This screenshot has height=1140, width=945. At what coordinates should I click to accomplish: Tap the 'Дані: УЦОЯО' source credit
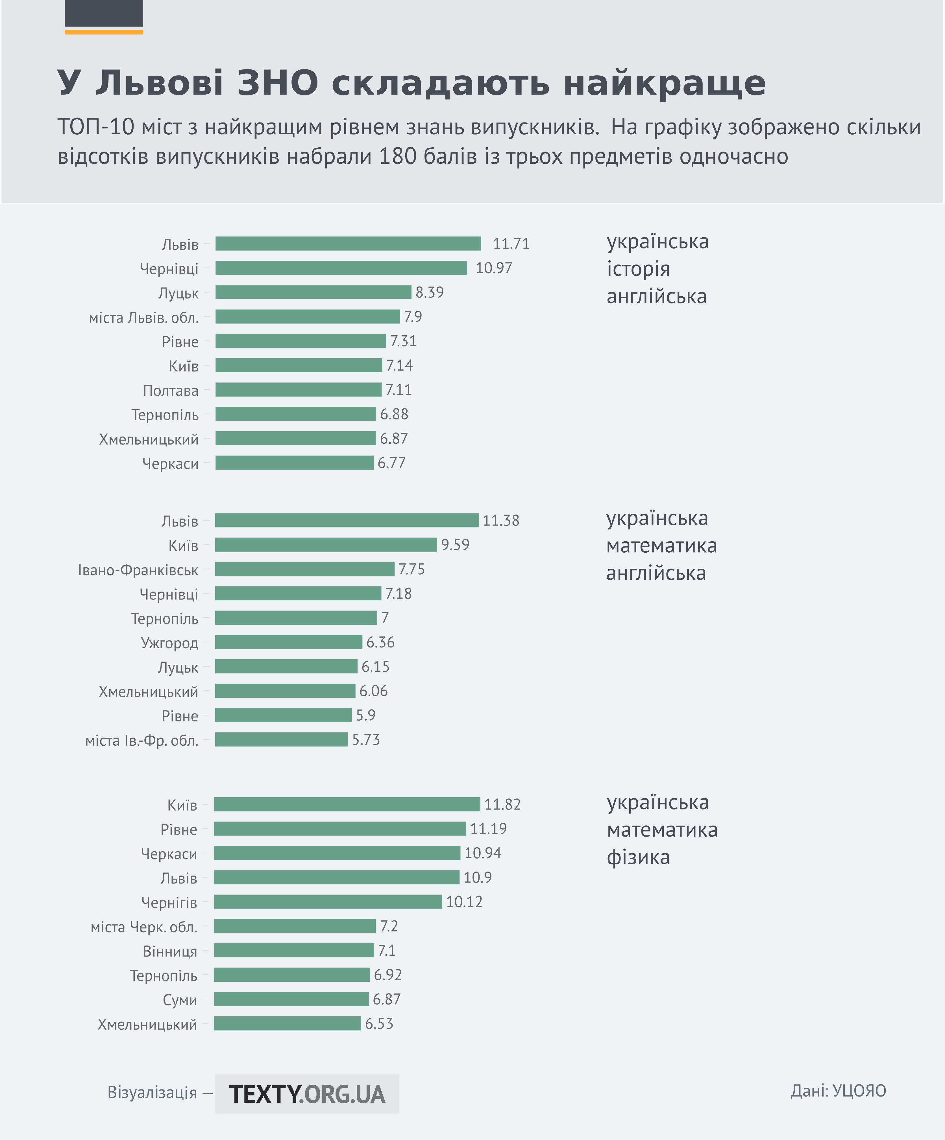pos(838,1091)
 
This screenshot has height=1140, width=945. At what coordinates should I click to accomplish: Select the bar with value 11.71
pos(348,244)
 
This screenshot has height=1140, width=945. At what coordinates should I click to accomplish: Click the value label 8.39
pos(430,293)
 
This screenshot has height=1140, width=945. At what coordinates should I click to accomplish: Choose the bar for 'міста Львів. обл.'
pos(307,316)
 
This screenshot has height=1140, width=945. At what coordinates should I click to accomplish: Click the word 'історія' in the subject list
pos(638,269)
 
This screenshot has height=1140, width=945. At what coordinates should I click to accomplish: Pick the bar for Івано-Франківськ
pos(305,569)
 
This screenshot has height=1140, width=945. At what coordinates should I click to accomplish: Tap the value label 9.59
pos(455,545)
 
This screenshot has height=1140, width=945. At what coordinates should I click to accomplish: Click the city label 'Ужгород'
pos(169,643)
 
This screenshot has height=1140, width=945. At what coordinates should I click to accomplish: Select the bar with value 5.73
pos(281,739)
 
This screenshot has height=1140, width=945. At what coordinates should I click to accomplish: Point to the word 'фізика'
pos(638,858)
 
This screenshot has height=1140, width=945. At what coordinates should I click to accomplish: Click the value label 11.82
pos(502,804)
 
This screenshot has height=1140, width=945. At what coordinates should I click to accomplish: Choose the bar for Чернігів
pos(328,902)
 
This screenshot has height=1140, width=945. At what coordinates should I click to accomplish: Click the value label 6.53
pos(379,1024)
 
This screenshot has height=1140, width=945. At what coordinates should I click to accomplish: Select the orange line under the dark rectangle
pos(104,32)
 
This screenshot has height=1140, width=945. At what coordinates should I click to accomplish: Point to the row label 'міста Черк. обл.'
pos(144,927)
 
